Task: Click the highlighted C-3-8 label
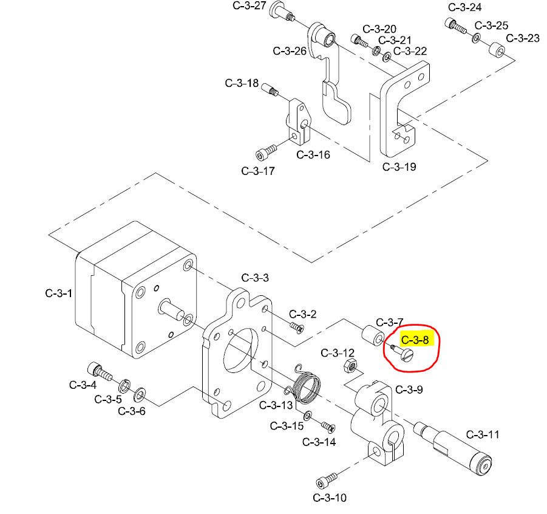pyautogui.click(x=415, y=340)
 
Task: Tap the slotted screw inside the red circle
pyautogui.click(x=403, y=354)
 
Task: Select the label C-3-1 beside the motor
pyautogui.click(x=59, y=293)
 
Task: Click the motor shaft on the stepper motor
pyautogui.click(x=172, y=310)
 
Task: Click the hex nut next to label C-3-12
pyautogui.click(x=350, y=366)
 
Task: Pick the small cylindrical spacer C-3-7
pyautogui.click(x=373, y=335)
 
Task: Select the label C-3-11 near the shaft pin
pyautogui.click(x=483, y=434)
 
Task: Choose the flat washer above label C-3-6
pyautogui.click(x=140, y=394)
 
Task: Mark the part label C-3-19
pyautogui.click(x=399, y=166)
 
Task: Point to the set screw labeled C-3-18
pyautogui.click(x=270, y=89)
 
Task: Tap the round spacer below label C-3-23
pyautogui.click(x=497, y=51)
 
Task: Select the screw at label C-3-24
pyautogui.click(x=456, y=26)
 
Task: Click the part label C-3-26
pyautogui.click(x=290, y=51)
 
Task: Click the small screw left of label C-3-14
pyautogui.click(x=328, y=427)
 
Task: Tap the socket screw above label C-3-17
pyautogui.click(x=266, y=152)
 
